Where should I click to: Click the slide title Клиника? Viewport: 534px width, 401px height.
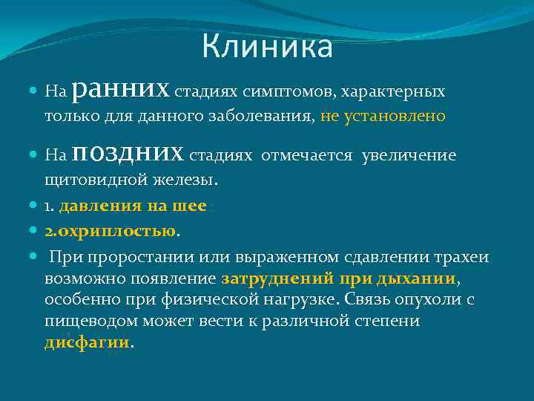tap(267, 48)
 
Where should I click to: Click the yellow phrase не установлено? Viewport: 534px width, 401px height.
tap(383, 116)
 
